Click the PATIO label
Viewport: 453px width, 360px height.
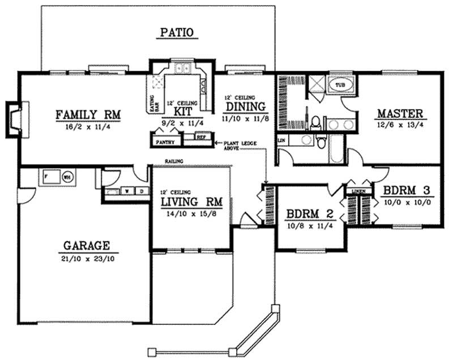pos(178,32)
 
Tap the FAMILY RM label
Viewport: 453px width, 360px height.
pos(89,115)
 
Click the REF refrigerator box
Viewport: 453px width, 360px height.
pos(200,137)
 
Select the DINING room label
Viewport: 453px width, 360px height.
pos(245,107)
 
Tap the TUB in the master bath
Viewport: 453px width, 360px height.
pos(340,85)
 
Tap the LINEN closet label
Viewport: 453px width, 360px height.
pos(356,192)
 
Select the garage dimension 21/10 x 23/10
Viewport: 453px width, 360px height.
pos(86,258)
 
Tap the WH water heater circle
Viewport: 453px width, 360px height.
pos(67,176)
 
